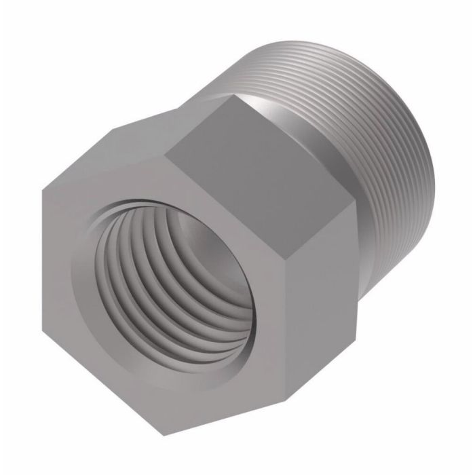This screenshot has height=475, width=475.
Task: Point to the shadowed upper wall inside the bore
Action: click(146, 224)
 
